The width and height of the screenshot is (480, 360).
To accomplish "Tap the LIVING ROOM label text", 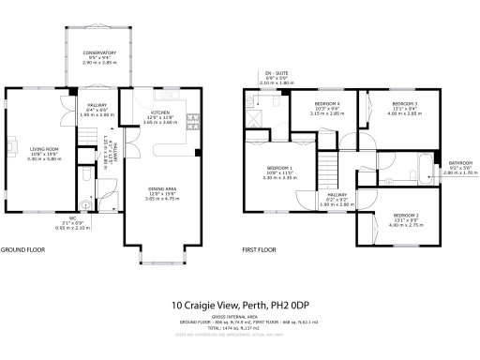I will [45, 148].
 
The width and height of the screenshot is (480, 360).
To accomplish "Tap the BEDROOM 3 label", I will [404, 103].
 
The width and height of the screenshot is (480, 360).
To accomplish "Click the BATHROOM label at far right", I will [459, 163].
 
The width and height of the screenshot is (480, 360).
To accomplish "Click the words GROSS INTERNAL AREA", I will [241, 318].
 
